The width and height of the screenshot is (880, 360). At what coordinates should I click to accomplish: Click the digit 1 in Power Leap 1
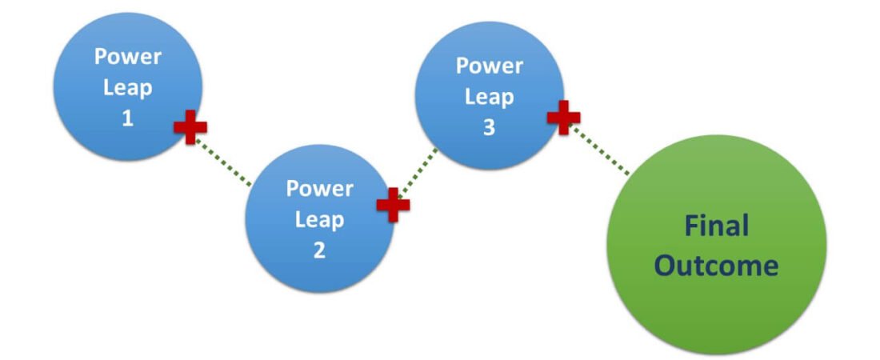coord(127,118)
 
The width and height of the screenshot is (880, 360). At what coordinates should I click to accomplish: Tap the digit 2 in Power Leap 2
coord(319,250)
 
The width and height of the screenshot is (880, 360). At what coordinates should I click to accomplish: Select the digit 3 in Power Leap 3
coord(489,127)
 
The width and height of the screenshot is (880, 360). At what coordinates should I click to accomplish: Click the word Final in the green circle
coord(716,226)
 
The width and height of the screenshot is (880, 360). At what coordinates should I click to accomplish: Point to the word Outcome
coord(716,265)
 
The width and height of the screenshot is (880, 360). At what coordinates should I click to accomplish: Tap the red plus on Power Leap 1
coord(190,128)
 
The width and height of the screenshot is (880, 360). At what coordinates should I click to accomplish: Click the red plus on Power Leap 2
coord(393,205)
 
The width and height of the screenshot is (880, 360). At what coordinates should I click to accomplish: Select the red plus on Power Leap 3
coord(563,117)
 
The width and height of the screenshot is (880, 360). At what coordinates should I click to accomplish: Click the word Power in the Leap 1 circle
coord(127,58)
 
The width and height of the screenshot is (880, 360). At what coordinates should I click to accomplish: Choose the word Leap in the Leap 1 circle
coord(127,88)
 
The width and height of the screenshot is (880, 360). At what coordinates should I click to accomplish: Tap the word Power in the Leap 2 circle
coord(319,189)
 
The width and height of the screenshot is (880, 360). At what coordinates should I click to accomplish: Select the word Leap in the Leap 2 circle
coord(319,219)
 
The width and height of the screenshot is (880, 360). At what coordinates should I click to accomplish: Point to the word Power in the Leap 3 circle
coord(489,66)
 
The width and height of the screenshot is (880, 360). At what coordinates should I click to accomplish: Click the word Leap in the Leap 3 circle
coord(489,97)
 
